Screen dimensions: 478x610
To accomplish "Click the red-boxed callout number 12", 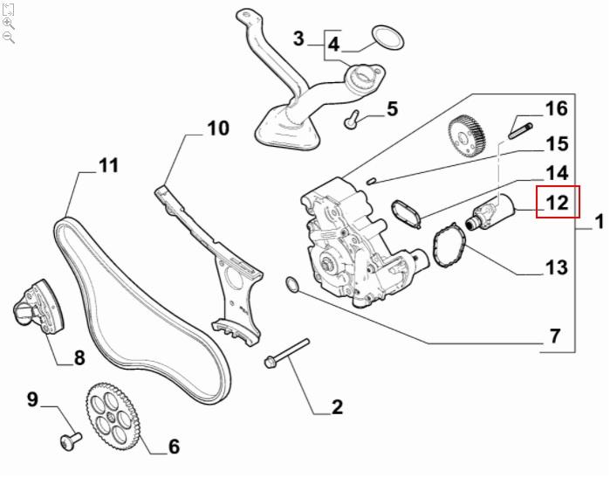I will pos(557,203).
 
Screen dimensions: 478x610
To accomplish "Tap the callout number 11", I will pos(108,164).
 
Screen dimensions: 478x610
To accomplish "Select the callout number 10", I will pos(217,128).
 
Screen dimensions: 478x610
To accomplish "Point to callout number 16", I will pos(556,108).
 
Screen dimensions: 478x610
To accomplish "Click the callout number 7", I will pos(554,335).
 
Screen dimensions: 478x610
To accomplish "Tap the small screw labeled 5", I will pos(351,120).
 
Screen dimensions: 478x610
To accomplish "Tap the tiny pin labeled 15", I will pos(372,181).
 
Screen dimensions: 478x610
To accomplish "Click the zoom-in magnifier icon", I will pos(9,23).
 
